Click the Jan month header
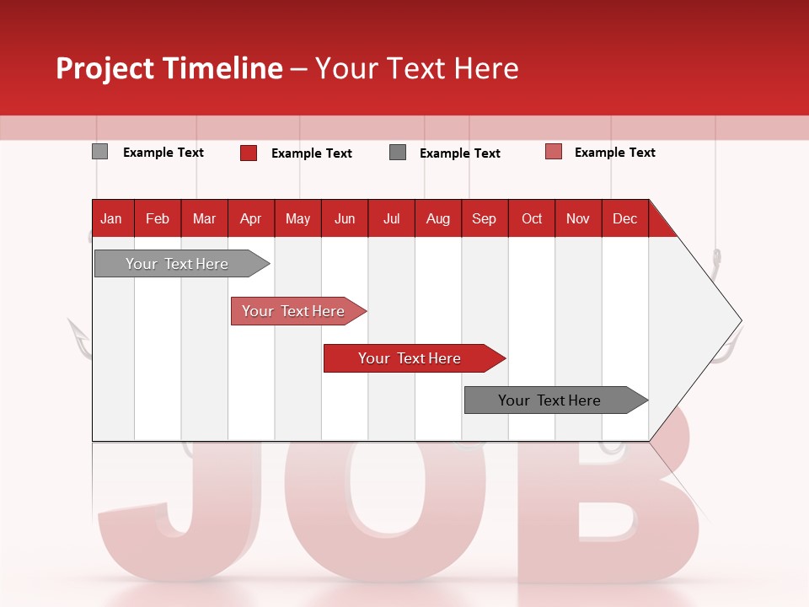(111, 218)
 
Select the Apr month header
(250, 218)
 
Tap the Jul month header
(391, 218)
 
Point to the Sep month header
(484, 218)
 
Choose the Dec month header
(624, 218)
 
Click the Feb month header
(158, 218)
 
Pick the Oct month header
(532, 218)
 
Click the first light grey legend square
(99, 152)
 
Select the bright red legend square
(249, 153)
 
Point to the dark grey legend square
(398, 153)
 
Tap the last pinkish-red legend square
(554, 152)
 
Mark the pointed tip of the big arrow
(741, 320)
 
